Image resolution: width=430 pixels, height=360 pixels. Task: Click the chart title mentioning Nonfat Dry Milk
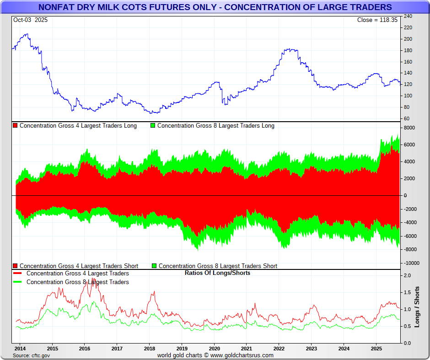[215, 7]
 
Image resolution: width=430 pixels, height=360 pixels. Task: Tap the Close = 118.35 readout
[377, 20]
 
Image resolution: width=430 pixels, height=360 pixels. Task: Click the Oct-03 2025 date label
[30, 20]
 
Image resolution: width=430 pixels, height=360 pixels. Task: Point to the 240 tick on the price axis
[408, 16]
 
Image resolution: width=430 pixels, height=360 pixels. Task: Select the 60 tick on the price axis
[407, 118]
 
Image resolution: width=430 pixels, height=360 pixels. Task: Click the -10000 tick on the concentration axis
[411, 263]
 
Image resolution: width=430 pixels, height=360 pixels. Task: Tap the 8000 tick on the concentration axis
[409, 128]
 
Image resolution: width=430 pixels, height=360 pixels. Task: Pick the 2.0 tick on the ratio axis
[407, 275]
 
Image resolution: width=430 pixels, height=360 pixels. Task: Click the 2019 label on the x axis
[182, 348]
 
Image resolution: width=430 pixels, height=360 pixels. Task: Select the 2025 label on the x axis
[376, 348]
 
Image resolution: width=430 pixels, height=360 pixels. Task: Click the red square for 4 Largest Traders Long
[16, 125]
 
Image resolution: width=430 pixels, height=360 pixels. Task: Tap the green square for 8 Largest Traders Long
[153, 125]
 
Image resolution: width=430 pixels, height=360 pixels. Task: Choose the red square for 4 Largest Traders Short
[16, 266]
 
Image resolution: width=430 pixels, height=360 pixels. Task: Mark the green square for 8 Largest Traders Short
[155, 266]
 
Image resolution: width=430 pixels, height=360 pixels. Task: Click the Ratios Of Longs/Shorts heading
[217, 273]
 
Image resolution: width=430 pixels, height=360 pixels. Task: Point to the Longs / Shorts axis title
[417, 307]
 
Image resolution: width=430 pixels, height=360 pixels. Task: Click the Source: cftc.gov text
[32, 355]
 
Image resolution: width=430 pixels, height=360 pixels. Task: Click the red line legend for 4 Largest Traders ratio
[18, 274]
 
